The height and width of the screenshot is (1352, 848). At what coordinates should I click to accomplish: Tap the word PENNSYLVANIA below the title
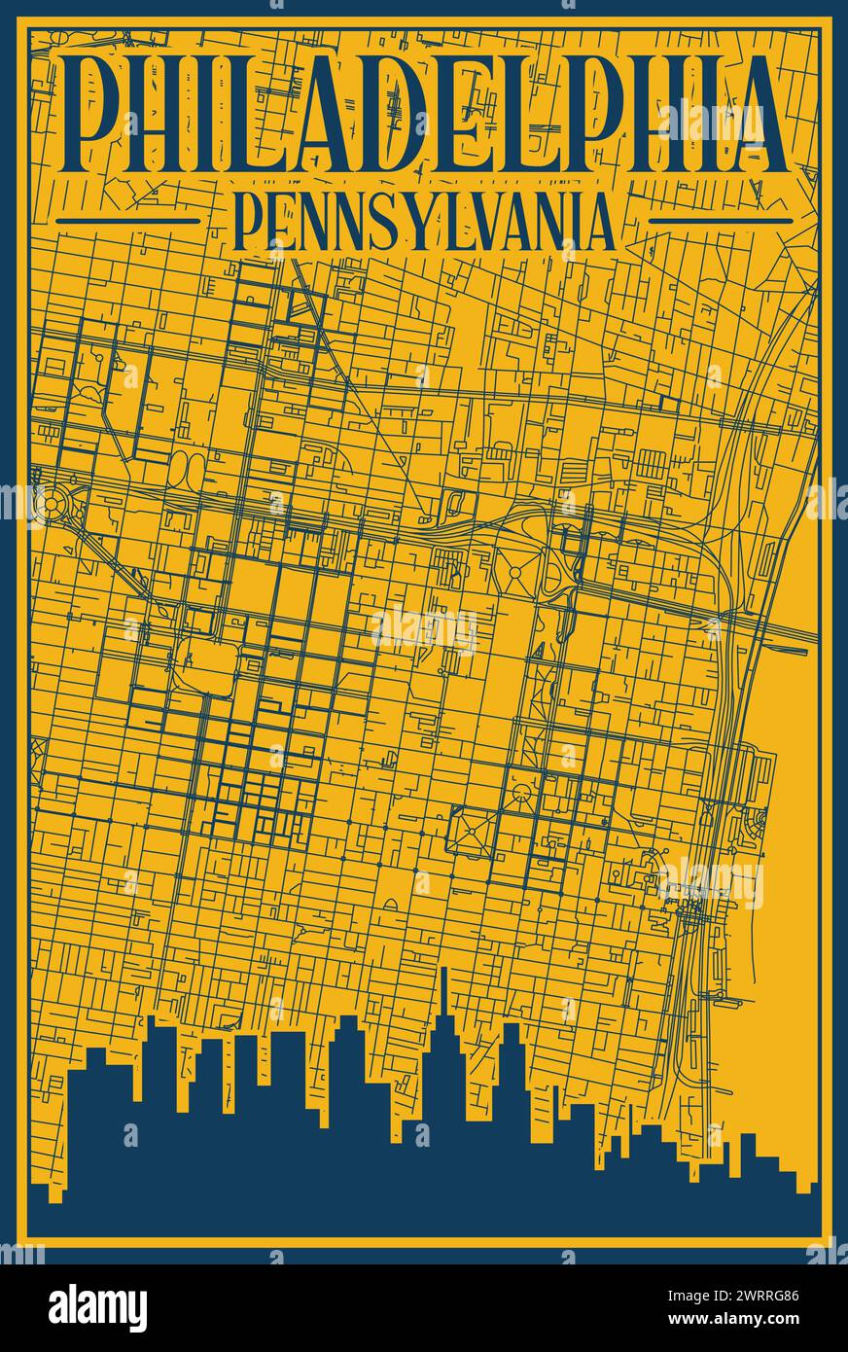click(424, 222)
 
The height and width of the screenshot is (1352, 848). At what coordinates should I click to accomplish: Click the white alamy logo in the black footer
click(97, 1308)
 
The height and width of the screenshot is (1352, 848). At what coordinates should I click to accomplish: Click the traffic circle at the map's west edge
click(46, 503)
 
